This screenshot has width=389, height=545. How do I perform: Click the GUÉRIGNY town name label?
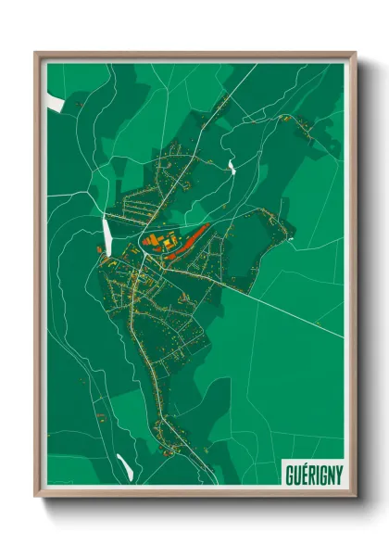point(311,474)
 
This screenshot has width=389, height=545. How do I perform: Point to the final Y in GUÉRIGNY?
point(337,474)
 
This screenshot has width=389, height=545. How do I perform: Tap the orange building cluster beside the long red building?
point(159,244)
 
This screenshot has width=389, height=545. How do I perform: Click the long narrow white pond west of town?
point(107,232)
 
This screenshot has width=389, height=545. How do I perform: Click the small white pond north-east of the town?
point(231,166)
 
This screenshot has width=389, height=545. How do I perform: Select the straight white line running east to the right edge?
point(296,314)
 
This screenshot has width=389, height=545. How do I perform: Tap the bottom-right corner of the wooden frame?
point(355,497)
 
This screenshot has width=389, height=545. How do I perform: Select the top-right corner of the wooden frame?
point(355,53)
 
